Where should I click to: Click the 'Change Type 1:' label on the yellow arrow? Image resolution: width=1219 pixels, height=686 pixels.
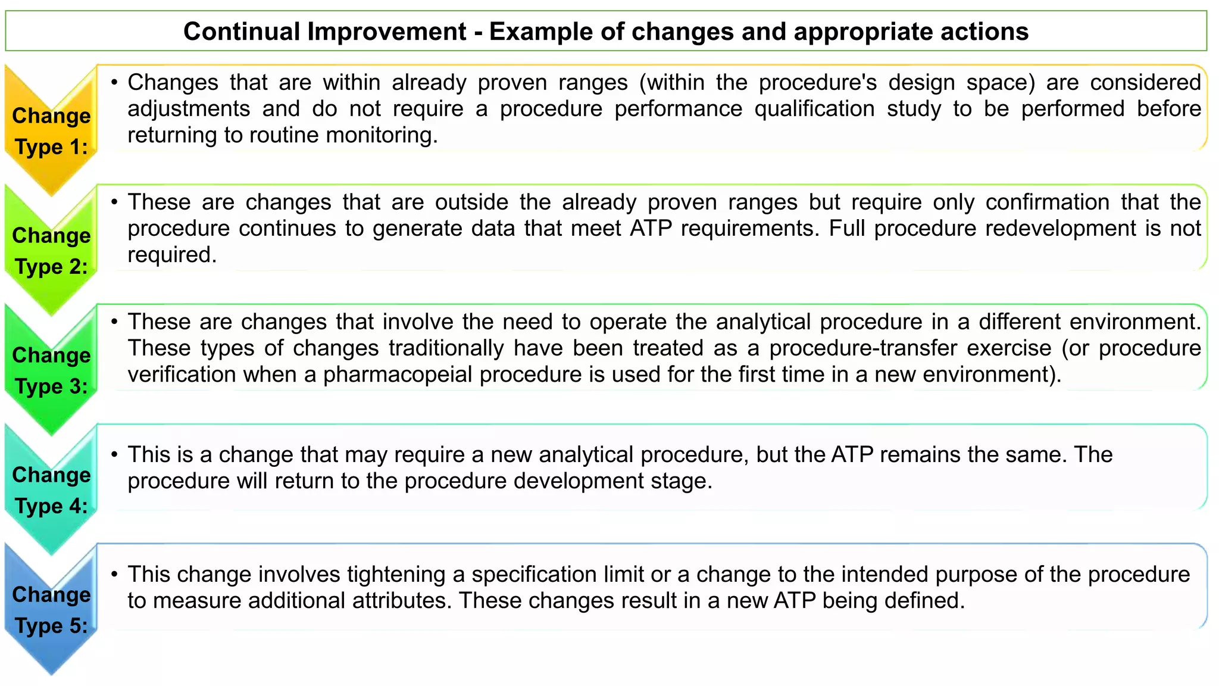(x=51, y=131)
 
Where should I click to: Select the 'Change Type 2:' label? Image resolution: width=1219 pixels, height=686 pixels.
(x=51, y=251)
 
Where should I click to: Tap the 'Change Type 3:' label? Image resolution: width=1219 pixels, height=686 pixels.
(x=51, y=370)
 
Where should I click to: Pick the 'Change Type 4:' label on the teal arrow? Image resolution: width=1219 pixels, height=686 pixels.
(x=51, y=490)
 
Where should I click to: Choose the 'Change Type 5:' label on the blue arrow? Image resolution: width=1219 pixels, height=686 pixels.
(x=51, y=610)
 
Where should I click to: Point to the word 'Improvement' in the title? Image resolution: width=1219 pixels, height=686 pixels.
(x=386, y=32)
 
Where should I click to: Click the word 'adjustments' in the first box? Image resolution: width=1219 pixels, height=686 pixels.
(x=189, y=109)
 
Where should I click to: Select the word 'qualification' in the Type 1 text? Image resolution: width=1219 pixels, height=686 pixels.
(x=814, y=109)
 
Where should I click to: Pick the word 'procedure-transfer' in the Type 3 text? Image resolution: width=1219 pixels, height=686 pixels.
(x=910, y=348)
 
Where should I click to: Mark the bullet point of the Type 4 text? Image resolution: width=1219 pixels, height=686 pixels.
(x=114, y=455)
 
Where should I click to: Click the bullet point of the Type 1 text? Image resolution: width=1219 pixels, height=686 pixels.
(x=114, y=82)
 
